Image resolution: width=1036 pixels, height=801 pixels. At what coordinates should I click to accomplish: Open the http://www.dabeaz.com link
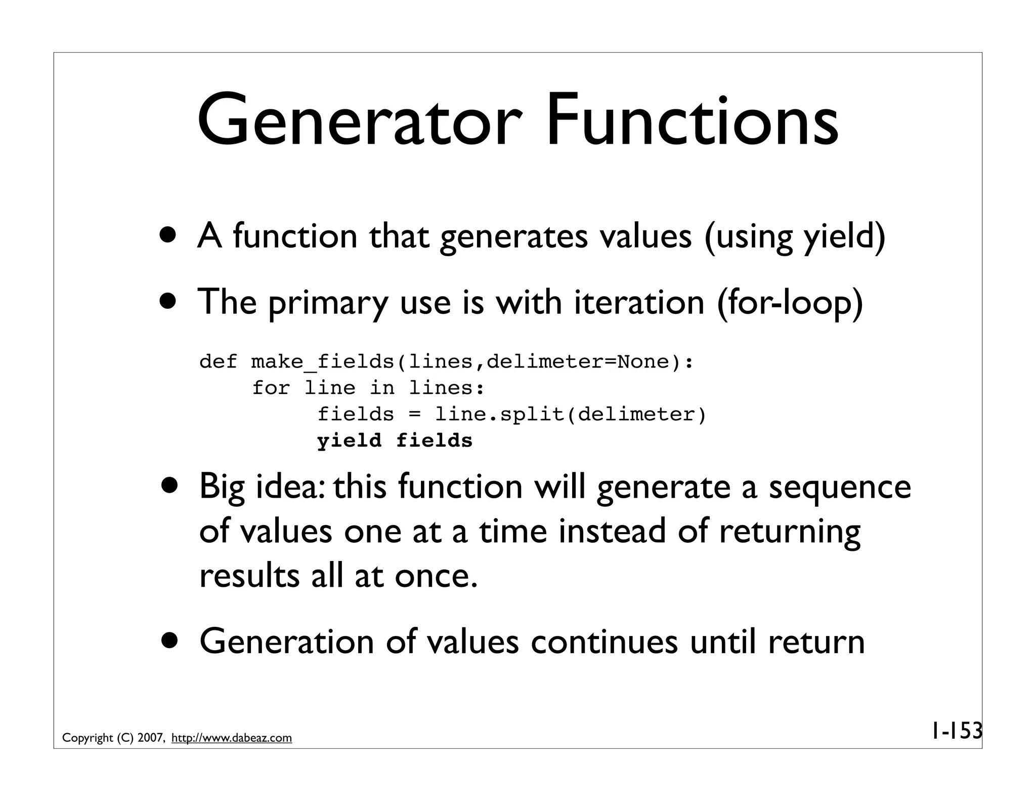click(x=232, y=738)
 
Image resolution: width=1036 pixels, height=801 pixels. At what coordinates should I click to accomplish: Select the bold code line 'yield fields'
click(x=395, y=440)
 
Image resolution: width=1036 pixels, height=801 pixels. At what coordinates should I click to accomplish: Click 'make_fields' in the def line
click(x=322, y=362)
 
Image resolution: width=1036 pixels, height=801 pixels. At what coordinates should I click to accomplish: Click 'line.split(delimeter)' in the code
click(x=570, y=415)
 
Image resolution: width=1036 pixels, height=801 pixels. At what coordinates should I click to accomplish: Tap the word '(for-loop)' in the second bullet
click(x=789, y=302)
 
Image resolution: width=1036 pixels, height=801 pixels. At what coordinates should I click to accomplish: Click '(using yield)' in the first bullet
click(x=794, y=236)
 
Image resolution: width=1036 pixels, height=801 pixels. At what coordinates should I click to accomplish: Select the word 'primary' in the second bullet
click(x=327, y=303)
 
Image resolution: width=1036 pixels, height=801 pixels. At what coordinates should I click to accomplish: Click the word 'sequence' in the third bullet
click(x=840, y=487)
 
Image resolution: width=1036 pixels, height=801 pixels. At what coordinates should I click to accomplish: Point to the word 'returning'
click(x=789, y=532)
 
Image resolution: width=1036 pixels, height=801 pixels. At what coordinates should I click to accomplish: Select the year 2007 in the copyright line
click(x=150, y=738)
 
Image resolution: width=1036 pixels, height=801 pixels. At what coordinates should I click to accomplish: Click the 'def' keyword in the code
click(x=218, y=362)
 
